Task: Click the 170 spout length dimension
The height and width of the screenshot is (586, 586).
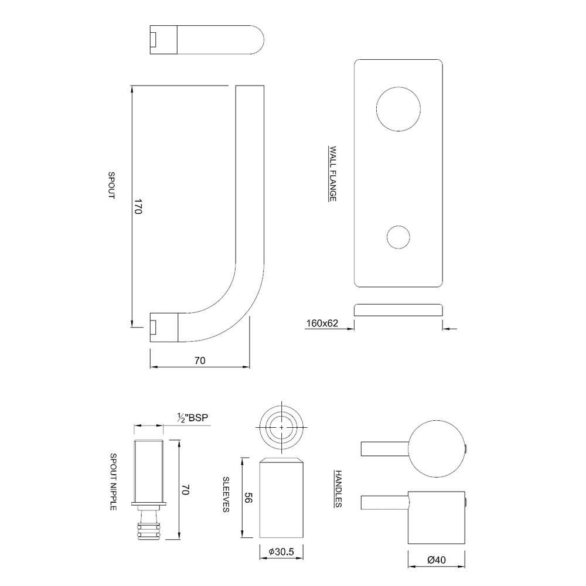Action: pyautogui.click(x=137, y=207)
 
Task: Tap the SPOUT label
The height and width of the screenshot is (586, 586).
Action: pyautogui.click(x=111, y=185)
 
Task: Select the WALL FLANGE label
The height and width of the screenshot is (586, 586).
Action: pyautogui.click(x=332, y=173)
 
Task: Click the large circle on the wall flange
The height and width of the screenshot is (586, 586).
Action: pyautogui.click(x=398, y=109)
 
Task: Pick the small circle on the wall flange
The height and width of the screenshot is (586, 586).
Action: pyautogui.click(x=398, y=237)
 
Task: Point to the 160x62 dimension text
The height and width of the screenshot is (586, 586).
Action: pyautogui.click(x=322, y=323)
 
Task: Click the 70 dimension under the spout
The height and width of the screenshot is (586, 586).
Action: pyautogui.click(x=200, y=360)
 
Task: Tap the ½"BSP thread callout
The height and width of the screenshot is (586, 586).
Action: pyautogui.click(x=192, y=418)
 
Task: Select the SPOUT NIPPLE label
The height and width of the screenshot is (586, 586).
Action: pyautogui.click(x=113, y=482)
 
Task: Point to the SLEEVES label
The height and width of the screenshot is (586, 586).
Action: pyautogui.click(x=226, y=494)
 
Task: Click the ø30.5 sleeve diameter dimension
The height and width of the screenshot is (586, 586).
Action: pyautogui.click(x=281, y=551)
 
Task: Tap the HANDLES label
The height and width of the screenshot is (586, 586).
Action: pyautogui.click(x=338, y=489)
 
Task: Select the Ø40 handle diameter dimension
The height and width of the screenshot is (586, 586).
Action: pyautogui.click(x=437, y=560)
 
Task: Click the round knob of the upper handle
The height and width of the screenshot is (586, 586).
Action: pyautogui.click(x=437, y=449)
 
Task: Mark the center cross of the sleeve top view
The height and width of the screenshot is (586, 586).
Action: pyautogui.click(x=281, y=427)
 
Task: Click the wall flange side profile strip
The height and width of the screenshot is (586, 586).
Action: pyautogui.click(x=398, y=310)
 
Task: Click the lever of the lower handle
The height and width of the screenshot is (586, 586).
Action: pyautogui.click(x=384, y=502)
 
